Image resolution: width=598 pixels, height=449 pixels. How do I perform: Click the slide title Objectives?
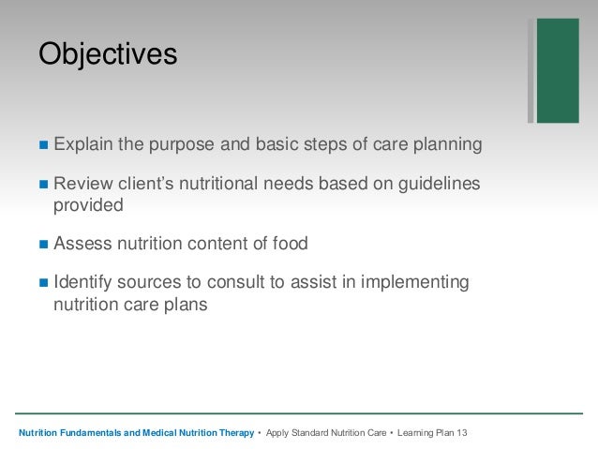coord(108,54)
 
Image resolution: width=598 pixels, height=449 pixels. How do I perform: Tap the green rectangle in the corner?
coord(558,70)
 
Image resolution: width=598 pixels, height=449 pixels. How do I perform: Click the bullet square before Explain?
coord(44,145)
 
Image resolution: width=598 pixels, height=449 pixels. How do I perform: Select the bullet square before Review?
coord(44,185)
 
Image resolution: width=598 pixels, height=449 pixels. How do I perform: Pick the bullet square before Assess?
coord(44,244)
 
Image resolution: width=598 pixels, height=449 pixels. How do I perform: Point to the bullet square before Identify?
coord(44,283)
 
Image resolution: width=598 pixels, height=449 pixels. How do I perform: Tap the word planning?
coord(448,145)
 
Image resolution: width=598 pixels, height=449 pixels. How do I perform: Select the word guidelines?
coord(439,184)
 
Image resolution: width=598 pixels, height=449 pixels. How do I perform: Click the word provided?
coord(88,206)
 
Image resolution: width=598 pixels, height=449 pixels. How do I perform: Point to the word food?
coord(291,244)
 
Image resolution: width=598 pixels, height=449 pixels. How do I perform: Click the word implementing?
coord(415,283)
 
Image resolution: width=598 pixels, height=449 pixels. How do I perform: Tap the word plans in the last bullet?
coord(186,306)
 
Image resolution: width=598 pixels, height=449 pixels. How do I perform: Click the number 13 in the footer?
coord(462,433)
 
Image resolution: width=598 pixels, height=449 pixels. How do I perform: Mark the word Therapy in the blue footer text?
coord(236,433)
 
